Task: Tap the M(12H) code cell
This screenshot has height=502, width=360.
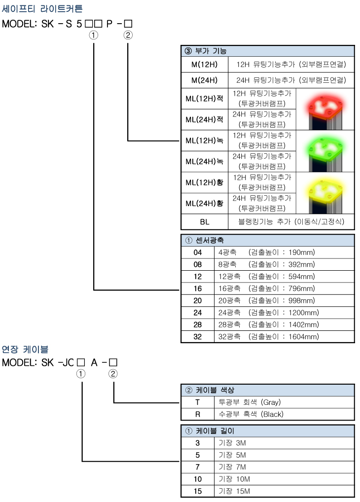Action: point(204,64)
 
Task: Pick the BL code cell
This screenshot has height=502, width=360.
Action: point(204,222)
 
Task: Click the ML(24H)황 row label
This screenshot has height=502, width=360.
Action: point(204,203)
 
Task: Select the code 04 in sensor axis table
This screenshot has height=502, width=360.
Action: point(198,252)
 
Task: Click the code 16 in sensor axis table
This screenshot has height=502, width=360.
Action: point(198,288)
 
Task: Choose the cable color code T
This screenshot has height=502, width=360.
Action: point(198,402)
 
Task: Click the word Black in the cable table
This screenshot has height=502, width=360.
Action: point(272,414)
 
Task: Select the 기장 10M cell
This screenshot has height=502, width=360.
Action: point(234,479)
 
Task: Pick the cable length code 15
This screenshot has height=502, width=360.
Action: point(198,491)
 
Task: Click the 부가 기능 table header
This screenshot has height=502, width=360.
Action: point(211,51)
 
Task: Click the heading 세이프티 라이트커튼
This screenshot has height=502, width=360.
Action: point(42,9)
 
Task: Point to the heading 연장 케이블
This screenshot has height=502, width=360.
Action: point(25,349)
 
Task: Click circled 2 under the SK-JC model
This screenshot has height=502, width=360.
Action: point(113,374)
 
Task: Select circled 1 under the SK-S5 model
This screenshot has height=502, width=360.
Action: point(93,35)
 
